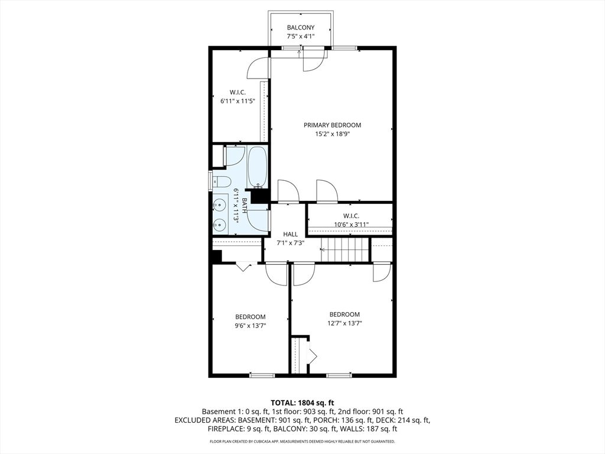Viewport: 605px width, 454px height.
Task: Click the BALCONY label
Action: pyautogui.click(x=301, y=27)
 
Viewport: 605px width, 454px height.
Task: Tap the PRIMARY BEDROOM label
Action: pyautogui.click(x=332, y=125)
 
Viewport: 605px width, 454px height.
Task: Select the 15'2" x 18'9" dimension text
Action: pyautogui.click(x=332, y=134)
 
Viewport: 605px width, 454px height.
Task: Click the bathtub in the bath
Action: pyautogui.click(x=257, y=167)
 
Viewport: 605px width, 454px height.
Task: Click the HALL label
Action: pyautogui.click(x=291, y=234)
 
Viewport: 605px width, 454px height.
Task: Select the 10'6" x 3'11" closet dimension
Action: pyautogui.click(x=351, y=225)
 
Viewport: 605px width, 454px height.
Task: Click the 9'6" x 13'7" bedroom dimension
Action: pyautogui.click(x=251, y=326)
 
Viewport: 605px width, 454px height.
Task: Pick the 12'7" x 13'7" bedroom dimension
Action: pyautogui.click(x=344, y=323)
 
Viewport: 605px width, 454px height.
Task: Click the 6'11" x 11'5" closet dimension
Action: pyautogui.click(x=238, y=101)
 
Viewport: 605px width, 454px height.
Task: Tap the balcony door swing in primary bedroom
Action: pyautogui.click(x=312, y=60)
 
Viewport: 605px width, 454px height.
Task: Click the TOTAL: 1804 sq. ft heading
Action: pyautogui.click(x=302, y=403)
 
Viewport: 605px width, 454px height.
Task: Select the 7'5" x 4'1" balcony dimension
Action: pyautogui.click(x=301, y=37)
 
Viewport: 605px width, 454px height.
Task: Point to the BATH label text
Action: pyautogui.click(x=244, y=205)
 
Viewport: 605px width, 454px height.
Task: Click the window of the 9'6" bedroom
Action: pyautogui.click(x=262, y=375)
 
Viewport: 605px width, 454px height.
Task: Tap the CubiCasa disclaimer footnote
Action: pyautogui.click(x=302, y=441)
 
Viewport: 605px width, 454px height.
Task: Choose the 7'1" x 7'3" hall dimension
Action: pyautogui.click(x=291, y=243)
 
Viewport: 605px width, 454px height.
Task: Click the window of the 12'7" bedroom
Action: pyautogui.click(x=339, y=375)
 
